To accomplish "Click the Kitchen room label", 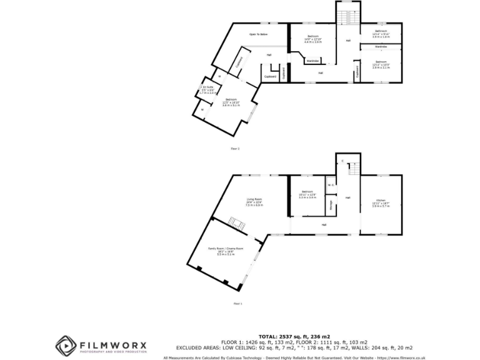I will click(x=381, y=201).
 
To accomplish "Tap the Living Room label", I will click(x=254, y=201).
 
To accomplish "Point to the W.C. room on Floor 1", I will click(x=330, y=185).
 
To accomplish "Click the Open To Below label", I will click(x=258, y=34).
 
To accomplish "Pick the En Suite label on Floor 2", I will click(x=207, y=89).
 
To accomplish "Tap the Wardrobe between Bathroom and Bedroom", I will click(x=381, y=46).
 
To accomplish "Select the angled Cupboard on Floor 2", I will click(x=239, y=63).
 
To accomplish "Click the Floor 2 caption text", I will click(x=235, y=148).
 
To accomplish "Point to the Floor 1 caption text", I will click(x=237, y=303).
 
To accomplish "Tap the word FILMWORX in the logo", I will click(x=112, y=344).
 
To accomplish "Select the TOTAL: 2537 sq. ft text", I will click(x=291, y=335).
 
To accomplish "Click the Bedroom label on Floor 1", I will click(x=307, y=193).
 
